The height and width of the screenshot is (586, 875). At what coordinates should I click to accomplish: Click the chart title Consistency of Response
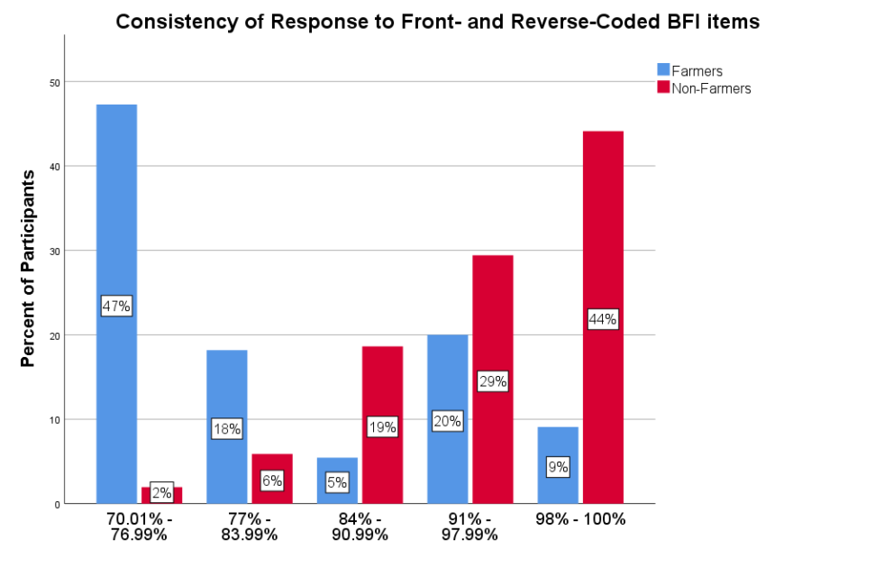(437, 22)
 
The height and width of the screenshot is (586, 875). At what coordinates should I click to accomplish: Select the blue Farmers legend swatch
(664, 70)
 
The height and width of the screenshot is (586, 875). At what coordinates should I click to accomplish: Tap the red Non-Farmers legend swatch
(664, 87)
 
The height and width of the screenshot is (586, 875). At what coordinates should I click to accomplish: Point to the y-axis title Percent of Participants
(28, 268)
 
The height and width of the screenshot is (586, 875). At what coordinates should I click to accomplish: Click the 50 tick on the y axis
(55, 82)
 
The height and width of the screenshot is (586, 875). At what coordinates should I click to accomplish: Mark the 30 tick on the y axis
(55, 251)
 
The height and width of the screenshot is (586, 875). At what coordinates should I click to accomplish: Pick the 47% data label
(116, 307)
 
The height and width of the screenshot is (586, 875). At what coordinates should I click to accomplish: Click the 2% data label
(161, 492)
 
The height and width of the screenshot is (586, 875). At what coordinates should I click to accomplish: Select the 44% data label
(602, 319)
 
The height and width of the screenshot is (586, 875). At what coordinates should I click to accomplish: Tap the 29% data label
(492, 382)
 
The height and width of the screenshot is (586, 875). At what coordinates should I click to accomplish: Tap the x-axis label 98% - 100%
(580, 520)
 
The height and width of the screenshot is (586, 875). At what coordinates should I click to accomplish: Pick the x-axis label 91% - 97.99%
(470, 526)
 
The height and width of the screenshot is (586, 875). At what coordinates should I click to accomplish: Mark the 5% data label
(337, 482)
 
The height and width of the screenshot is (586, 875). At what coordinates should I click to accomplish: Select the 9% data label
(558, 467)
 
